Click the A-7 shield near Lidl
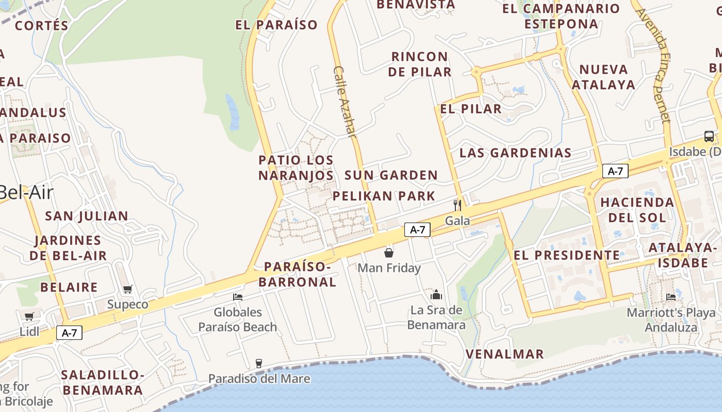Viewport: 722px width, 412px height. coord(69,333)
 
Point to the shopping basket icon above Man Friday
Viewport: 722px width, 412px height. coord(389,253)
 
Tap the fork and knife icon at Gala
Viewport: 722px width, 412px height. coord(457,205)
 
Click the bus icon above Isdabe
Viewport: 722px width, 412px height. coord(709,136)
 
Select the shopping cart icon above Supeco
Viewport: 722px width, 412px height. coord(127,289)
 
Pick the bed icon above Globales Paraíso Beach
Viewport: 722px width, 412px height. coord(238,297)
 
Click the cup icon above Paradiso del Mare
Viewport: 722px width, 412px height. coord(259,364)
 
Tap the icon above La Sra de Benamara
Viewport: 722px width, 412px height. coord(436,295)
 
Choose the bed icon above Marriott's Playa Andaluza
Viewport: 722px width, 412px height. coord(671,297)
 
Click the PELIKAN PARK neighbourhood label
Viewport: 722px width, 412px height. coord(384,196)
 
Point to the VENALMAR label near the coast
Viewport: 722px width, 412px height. coord(505,354)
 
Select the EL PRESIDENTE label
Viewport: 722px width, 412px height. coord(567,255)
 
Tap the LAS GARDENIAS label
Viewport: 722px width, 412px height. coord(515,153)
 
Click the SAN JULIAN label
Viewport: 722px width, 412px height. coord(87,216)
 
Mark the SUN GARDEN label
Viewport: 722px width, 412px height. coord(391,176)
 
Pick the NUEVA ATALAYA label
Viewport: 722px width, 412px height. coord(603,77)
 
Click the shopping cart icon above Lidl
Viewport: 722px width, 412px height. coord(29,316)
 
